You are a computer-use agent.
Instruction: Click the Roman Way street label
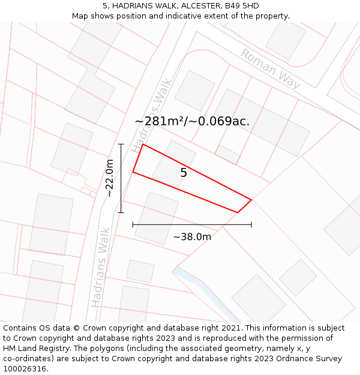(271, 69)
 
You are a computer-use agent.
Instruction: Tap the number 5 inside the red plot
(184, 173)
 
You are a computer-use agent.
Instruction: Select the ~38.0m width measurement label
(192, 237)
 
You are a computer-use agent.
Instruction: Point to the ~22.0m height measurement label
(109, 178)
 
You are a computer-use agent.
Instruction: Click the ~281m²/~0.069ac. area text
(192, 121)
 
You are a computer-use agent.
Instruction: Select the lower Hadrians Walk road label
(100, 267)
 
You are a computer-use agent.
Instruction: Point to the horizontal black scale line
(192, 225)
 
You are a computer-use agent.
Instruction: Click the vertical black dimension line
(121, 178)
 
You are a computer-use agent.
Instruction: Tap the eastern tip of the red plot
(251, 200)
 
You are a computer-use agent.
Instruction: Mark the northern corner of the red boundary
(143, 145)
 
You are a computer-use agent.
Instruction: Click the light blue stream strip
(204, 291)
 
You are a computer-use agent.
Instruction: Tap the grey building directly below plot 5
(157, 217)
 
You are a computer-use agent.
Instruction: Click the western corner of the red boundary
(133, 172)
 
